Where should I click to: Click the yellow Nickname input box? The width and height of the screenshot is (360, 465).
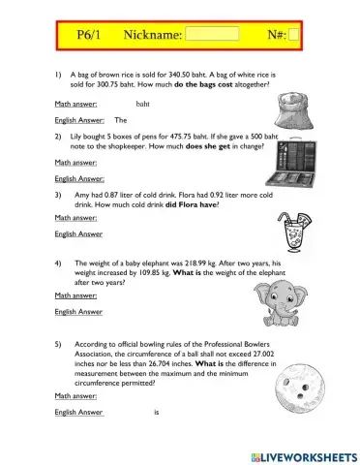coord(211,34)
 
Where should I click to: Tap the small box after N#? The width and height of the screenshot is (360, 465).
coord(294,34)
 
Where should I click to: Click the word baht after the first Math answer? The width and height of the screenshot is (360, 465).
coord(142,102)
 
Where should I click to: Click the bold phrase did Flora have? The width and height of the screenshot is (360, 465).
coord(192,204)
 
